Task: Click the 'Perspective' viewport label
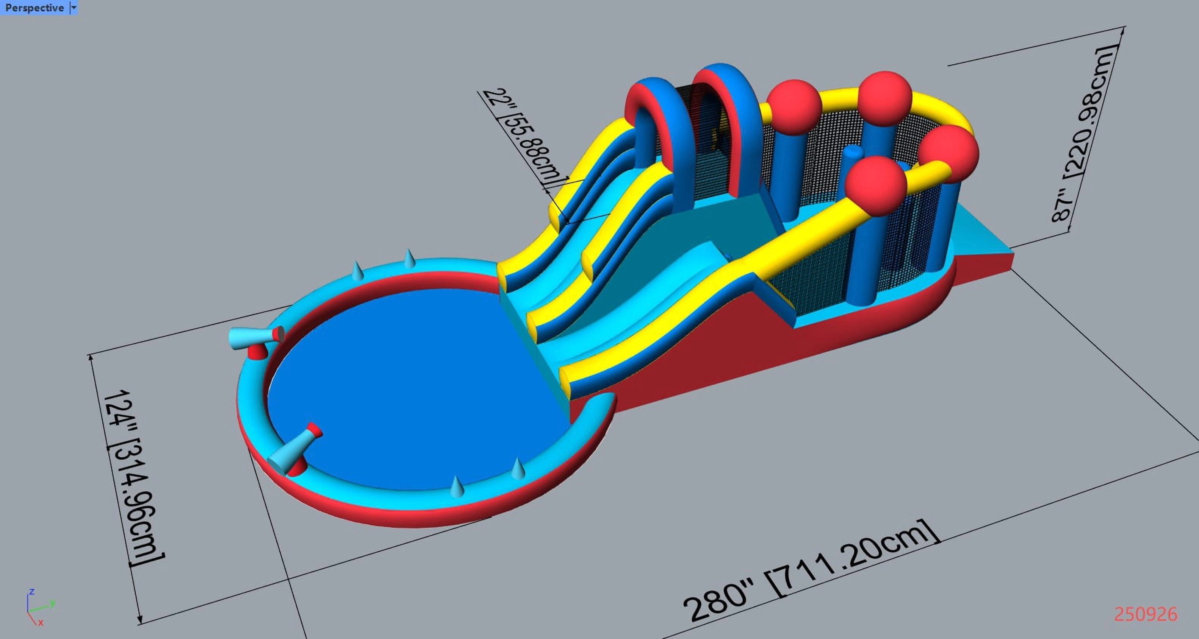[x=34, y=8]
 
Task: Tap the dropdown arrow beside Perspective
[x=74, y=8]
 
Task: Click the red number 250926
[x=1146, y=614]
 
